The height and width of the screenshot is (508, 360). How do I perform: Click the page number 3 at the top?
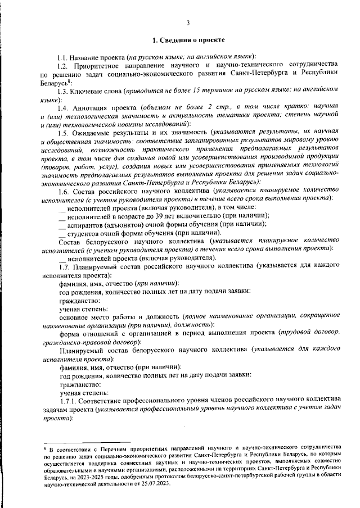pos(188,22)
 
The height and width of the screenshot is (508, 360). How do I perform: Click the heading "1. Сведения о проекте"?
pos(188,40)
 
